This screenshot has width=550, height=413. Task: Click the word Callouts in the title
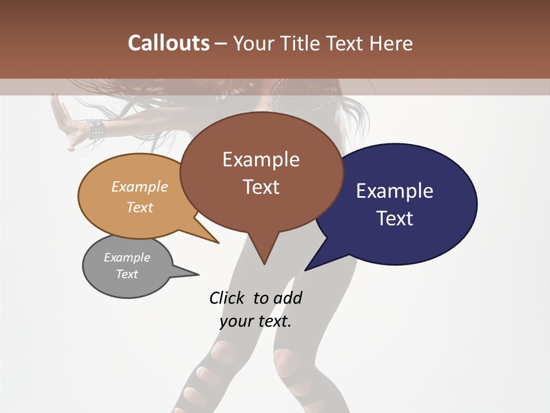point(168,43)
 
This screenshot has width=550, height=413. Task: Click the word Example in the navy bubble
point(395,191)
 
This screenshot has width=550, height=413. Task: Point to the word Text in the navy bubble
point(395,218)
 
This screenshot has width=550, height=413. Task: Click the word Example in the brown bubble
point(261,159)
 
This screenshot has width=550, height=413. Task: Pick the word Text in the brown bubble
point(261,186)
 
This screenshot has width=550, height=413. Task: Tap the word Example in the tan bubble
point(140,187)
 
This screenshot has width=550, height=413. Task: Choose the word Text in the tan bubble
point(140,207)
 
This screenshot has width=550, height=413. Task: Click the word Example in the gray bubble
point(127,258)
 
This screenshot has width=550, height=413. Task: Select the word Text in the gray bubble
point(127,274)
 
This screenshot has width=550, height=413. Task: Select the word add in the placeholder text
point(287,298)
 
